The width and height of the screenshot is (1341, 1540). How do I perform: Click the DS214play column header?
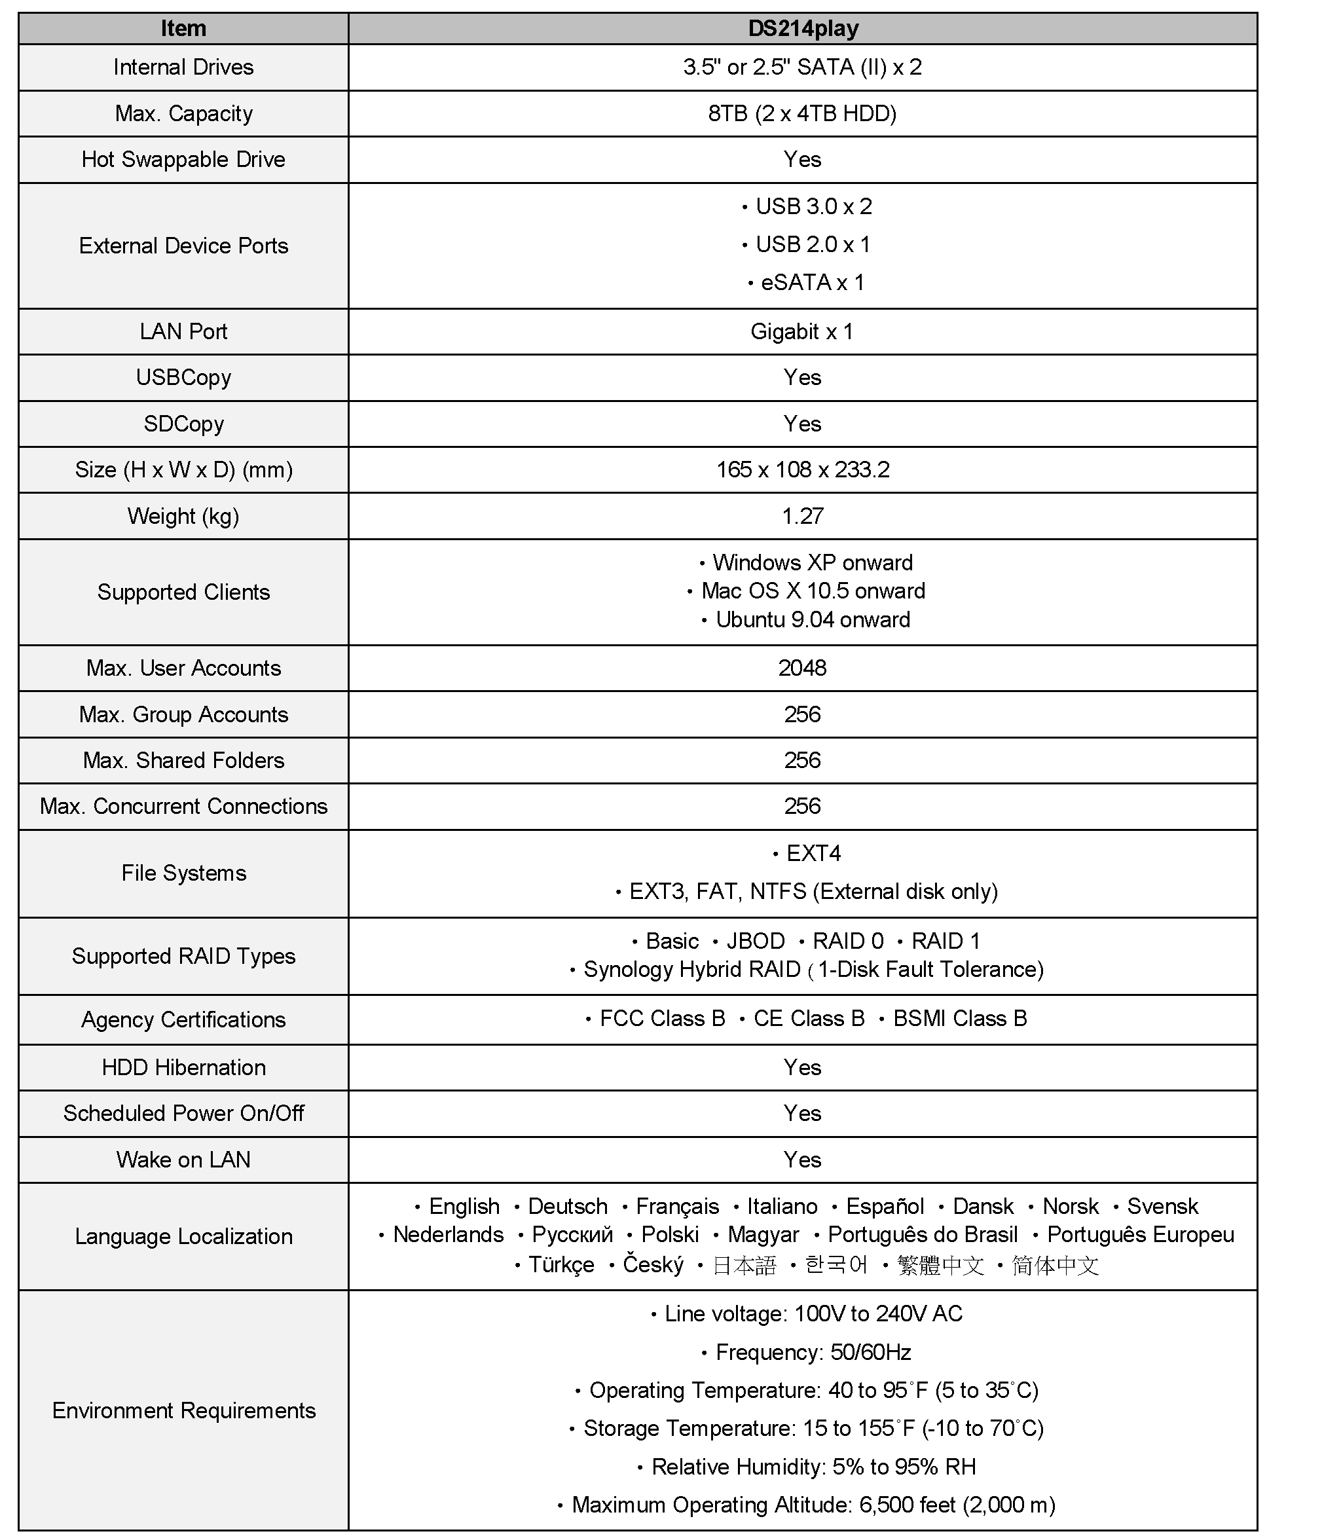(x=802, y=28)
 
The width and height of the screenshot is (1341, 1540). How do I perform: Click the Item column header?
(x=183, y=28)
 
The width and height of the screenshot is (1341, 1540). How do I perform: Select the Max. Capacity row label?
(x=183, y=114)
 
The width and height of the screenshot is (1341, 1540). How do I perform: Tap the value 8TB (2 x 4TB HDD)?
(x=802, y=114)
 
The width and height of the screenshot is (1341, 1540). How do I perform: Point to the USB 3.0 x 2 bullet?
(x=813, y=206)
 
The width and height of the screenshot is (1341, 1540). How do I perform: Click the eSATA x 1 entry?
(x=812, y=283)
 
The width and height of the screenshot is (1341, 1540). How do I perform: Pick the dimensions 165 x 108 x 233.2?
(x=802, y=470)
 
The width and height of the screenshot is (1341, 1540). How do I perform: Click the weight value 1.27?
(x=802, y=517)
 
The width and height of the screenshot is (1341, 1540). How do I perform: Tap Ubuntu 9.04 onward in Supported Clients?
(x=812, y=620)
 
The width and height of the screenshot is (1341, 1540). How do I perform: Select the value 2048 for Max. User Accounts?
(x=802, y=669)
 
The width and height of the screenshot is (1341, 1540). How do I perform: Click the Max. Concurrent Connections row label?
(x=183, y=807)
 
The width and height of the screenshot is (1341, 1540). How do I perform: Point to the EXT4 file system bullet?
(x=813, y=854)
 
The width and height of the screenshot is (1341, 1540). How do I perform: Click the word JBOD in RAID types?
(x=755, y=942)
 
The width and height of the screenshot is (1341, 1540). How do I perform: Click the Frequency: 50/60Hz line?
(x=813, y=1352)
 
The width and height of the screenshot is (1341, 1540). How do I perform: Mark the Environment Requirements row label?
(x=183, y=1410)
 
